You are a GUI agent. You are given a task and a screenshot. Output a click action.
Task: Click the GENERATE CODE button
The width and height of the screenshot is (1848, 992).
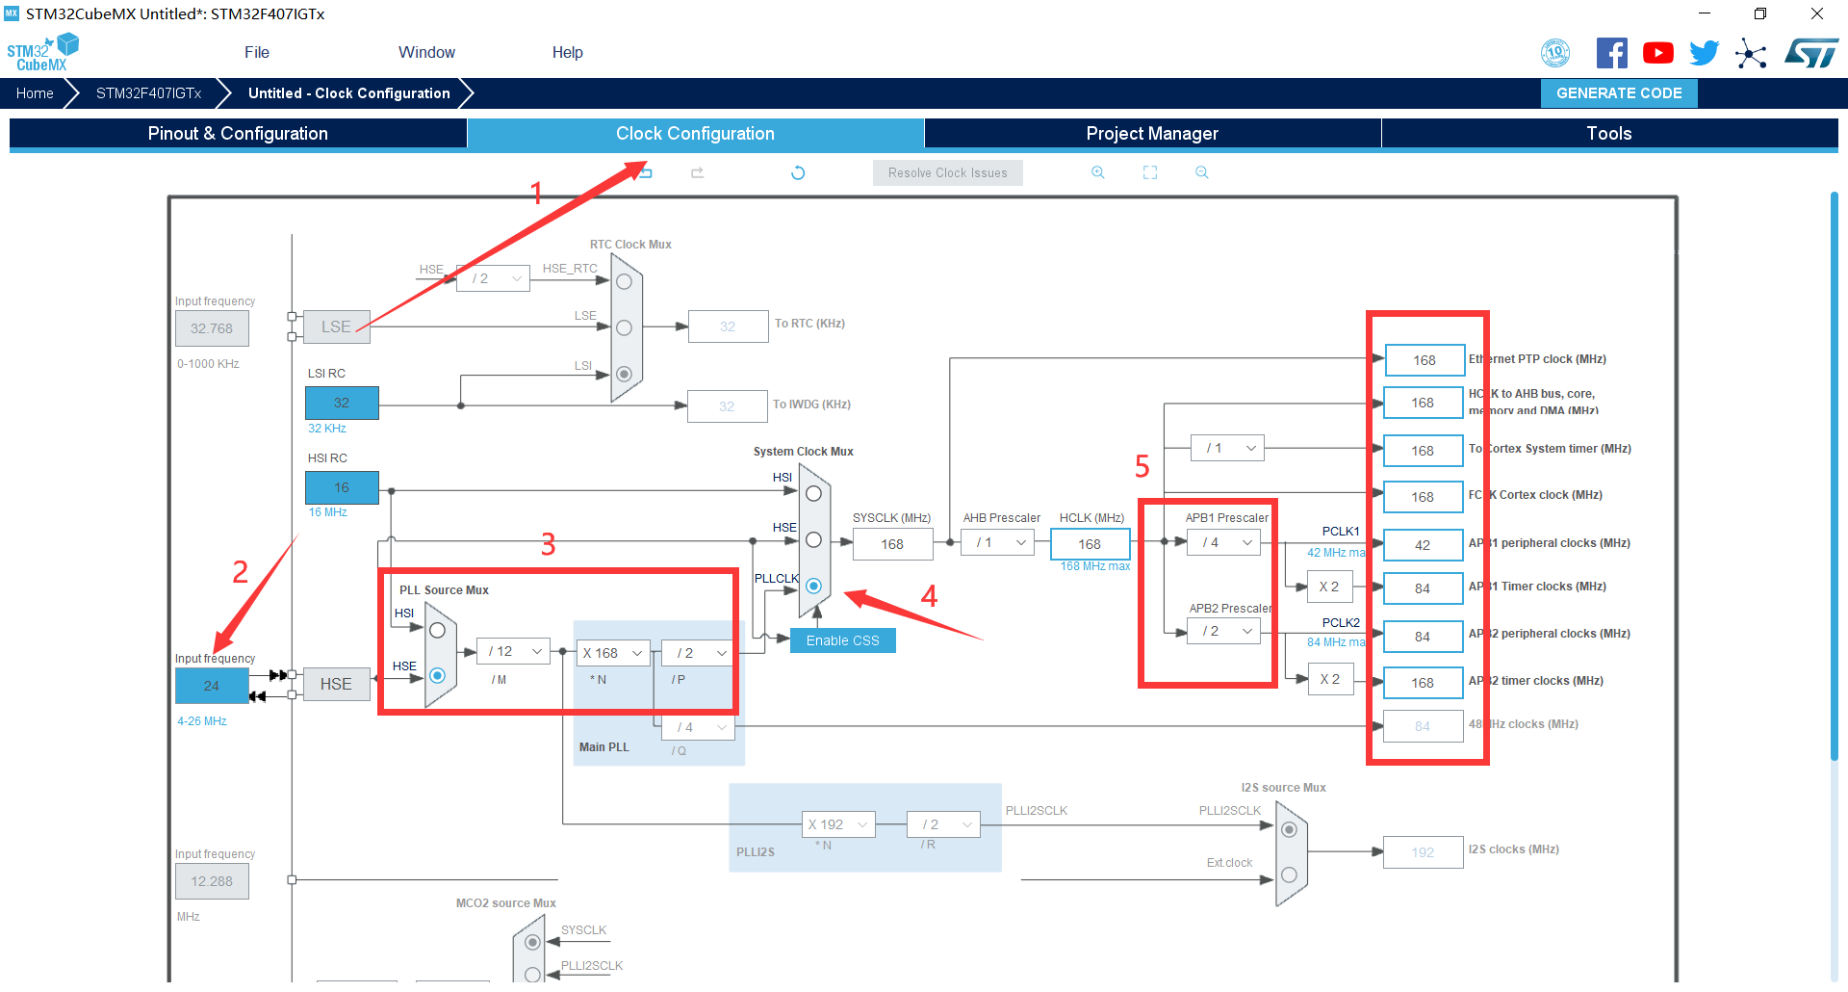point(1619,93)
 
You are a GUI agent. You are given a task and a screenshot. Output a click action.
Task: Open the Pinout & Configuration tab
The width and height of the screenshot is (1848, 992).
point(238,134)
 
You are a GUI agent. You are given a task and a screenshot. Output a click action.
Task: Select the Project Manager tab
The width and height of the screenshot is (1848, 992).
point(1151,134)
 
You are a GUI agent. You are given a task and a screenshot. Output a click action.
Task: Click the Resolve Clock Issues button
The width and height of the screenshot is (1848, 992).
point(947,173)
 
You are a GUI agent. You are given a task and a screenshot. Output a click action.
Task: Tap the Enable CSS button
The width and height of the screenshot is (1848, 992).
point(842,640)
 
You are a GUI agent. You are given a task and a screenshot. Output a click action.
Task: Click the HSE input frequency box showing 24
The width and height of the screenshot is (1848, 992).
point(212,686)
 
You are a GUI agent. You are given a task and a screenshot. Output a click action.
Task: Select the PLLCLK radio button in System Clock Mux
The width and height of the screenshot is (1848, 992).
point(813,586)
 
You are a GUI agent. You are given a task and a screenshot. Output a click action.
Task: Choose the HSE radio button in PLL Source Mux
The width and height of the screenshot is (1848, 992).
point(437,675)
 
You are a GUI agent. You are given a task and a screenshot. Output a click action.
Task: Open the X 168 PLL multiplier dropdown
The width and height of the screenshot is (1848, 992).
point(612,653)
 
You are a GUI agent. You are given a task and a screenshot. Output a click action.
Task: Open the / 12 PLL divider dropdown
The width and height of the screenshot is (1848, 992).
point(514,652)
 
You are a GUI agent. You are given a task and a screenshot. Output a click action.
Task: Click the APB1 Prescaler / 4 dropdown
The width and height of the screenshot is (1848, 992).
point(1224,543)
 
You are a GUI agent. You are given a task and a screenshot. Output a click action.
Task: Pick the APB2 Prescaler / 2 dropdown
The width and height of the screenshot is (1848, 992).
point(1224,632)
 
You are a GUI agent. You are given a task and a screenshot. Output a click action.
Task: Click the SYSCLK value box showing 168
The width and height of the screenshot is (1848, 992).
point(892,544)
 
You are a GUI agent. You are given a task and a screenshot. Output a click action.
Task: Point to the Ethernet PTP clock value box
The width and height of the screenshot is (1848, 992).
point(1424,360)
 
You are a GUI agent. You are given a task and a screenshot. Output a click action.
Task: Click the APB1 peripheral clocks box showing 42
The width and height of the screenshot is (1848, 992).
point(1423,545)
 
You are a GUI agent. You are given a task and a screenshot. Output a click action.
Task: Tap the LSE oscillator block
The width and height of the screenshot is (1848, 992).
point(336,327)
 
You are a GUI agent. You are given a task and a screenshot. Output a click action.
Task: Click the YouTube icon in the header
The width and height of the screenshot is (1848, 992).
point(1657,53)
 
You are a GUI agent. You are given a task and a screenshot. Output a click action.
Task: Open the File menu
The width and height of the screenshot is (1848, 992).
point(257,53)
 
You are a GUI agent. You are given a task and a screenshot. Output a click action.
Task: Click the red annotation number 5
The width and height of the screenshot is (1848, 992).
point(1142,467)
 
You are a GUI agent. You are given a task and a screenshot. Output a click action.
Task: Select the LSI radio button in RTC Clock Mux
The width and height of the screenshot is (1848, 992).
point(624,374)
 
